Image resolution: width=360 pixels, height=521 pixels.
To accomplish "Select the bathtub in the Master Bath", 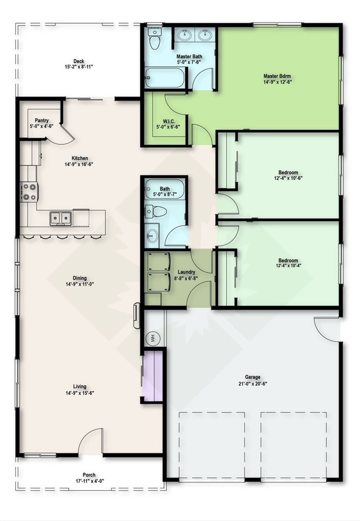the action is point(165,78).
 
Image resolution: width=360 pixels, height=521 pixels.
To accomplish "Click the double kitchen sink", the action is point(60,218).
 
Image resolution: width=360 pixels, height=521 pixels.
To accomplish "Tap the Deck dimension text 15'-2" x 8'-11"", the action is point(79,67).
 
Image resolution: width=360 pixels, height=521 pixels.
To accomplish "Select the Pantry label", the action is point(41,120).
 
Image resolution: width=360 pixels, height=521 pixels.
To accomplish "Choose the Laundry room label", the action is point(186,272).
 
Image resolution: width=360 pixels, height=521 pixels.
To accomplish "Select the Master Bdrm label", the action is point(277,76).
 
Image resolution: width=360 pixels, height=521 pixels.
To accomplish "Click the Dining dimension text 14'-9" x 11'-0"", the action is point(80,284).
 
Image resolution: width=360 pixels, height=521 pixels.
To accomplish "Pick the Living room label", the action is point(80,387).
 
